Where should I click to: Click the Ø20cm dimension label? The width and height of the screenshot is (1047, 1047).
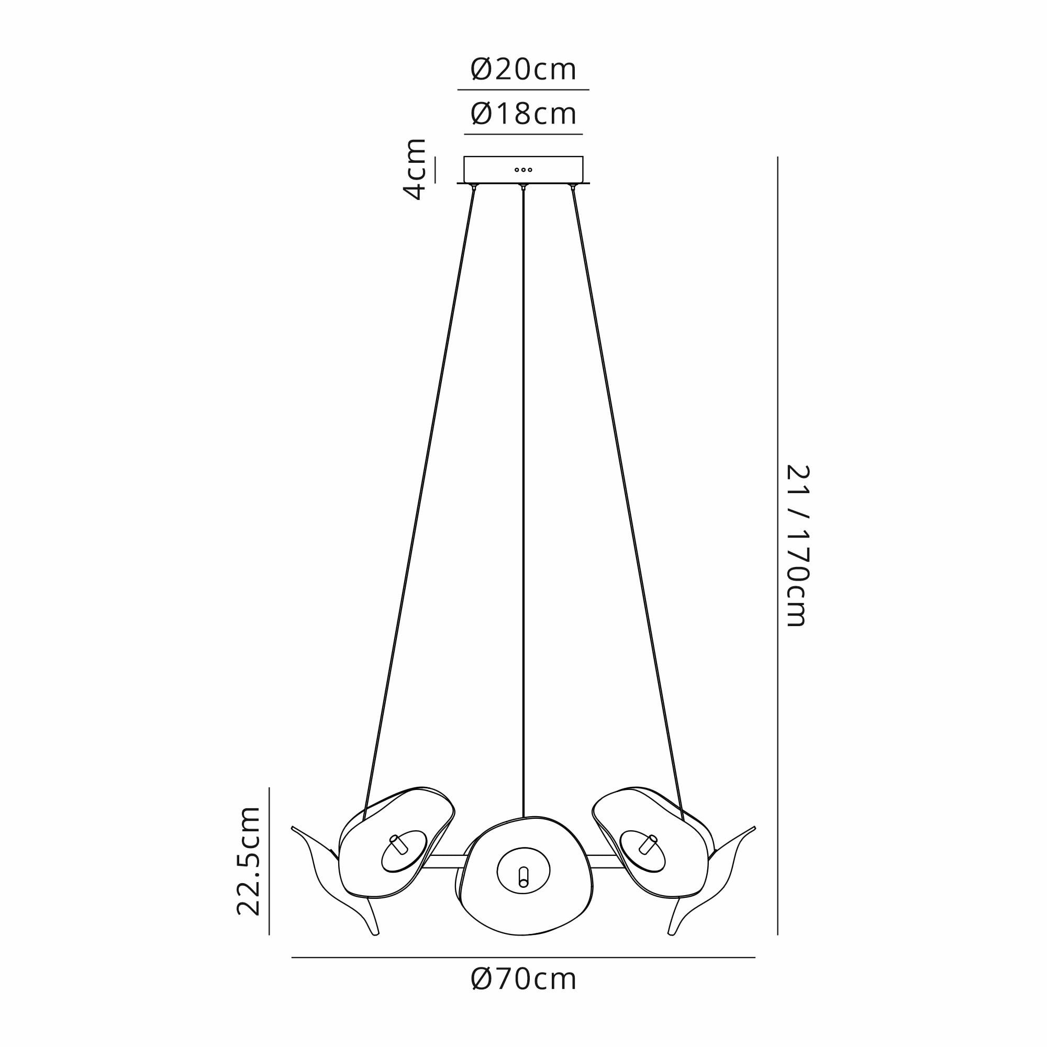point(523,71)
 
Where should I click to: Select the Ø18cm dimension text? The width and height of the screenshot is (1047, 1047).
point(523,114)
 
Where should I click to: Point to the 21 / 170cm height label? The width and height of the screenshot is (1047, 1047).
point(798,545)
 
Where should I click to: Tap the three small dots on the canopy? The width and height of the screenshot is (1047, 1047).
point(523,170)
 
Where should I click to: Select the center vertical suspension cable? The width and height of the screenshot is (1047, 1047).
point(523,488)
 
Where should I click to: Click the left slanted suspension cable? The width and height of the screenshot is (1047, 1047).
point(420,488)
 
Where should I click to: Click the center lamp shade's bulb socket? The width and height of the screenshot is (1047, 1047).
point(523,876)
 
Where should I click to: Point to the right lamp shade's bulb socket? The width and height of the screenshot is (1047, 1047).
point(649,860)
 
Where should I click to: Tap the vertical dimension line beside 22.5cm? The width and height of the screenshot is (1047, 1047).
point(269,862)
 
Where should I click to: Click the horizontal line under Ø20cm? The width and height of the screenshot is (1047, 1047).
point(523,90)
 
